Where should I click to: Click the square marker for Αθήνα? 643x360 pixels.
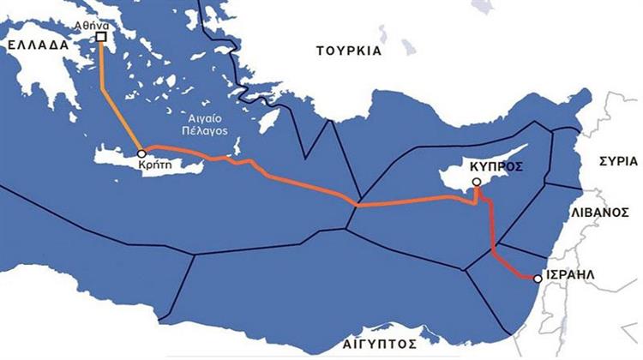101,37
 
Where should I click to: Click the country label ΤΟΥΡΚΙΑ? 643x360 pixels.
348,51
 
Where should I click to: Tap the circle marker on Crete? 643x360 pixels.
141,154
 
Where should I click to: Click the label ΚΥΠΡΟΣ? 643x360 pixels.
496,165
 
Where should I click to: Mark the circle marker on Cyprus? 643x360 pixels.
477,183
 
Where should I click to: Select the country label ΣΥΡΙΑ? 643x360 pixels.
616,160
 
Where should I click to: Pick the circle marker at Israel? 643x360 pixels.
537,279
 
